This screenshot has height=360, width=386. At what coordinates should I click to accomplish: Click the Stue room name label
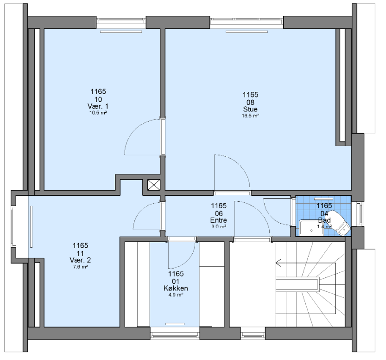250,109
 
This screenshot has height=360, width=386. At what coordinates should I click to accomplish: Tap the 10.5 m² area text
98,113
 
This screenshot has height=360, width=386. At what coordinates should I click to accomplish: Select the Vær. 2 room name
80,260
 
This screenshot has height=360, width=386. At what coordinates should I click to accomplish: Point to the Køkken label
176,288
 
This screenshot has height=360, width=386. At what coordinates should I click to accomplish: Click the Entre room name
219,220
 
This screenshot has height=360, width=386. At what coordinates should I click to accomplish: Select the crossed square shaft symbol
154,185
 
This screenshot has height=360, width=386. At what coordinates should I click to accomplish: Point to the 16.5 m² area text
250,116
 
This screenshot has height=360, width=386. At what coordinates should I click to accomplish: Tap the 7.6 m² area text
80,267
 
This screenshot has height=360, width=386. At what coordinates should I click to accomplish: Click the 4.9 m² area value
176,295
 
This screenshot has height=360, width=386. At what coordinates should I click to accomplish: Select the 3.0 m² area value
219,227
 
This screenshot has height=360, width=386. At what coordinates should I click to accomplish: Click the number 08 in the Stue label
250,102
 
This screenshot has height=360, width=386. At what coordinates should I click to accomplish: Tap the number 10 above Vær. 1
98,99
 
